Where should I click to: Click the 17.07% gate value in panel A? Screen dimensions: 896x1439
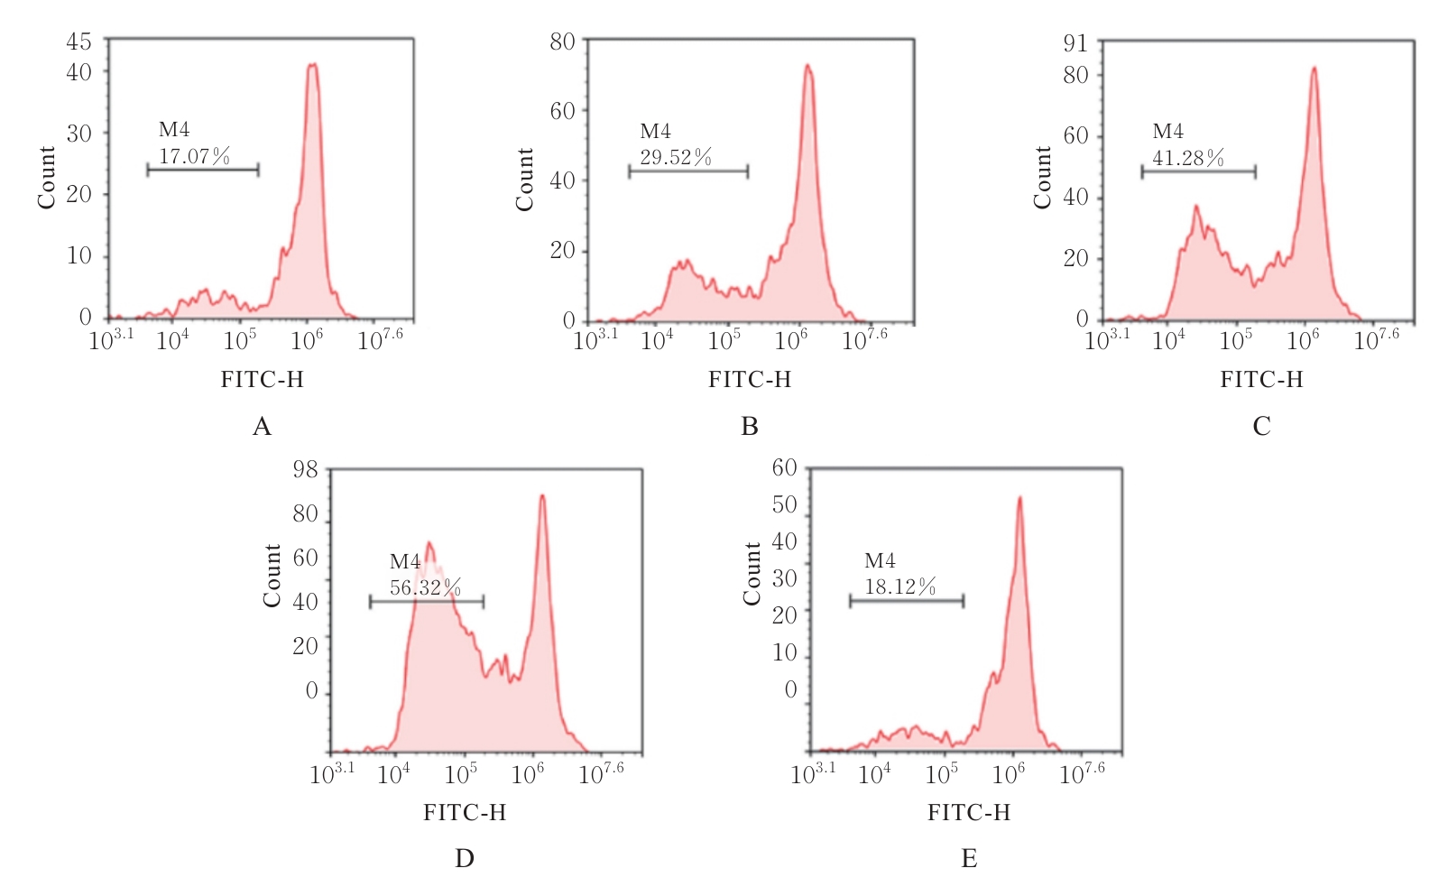click(x=194, y=156)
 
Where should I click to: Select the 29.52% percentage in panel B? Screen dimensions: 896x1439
click(x=676, y=158)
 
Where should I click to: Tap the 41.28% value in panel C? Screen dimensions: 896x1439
click(x=1188, y=159)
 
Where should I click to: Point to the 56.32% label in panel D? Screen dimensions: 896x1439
click(x=425, y=588)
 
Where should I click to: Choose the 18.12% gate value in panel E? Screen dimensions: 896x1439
click(x=900, y=587)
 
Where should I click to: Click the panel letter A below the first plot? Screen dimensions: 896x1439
click(x=262, y=426)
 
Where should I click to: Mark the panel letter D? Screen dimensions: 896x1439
click(x=465, y=858)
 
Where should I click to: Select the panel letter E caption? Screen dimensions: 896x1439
click(x=969, y=858)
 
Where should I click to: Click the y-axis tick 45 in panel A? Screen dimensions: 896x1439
click(x=78, y=42)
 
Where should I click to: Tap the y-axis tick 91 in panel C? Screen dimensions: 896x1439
click(x=1075, y=43)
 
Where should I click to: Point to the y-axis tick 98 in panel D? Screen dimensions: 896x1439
click(x=306, y=469)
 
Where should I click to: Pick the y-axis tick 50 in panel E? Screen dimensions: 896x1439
click(x=784, y=504)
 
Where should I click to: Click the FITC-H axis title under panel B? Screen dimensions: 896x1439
click(x=749, y=380)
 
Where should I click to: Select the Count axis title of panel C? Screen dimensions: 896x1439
click(x=1043, y=178)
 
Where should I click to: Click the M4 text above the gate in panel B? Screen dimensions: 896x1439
click(x=655, y=132)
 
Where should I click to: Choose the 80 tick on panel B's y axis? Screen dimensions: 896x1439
click(x=562, y=42)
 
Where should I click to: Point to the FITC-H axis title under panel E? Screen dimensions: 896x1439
click(x=969, y=813)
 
